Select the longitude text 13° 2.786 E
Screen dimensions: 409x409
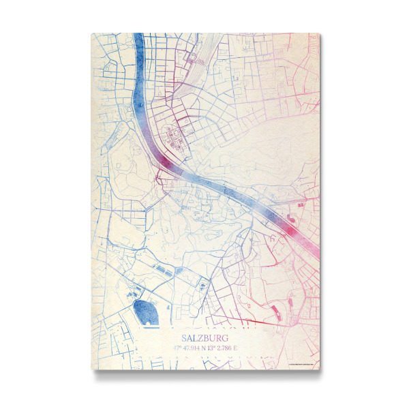coord(222,349)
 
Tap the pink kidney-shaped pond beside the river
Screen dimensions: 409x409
coord(292,219)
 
